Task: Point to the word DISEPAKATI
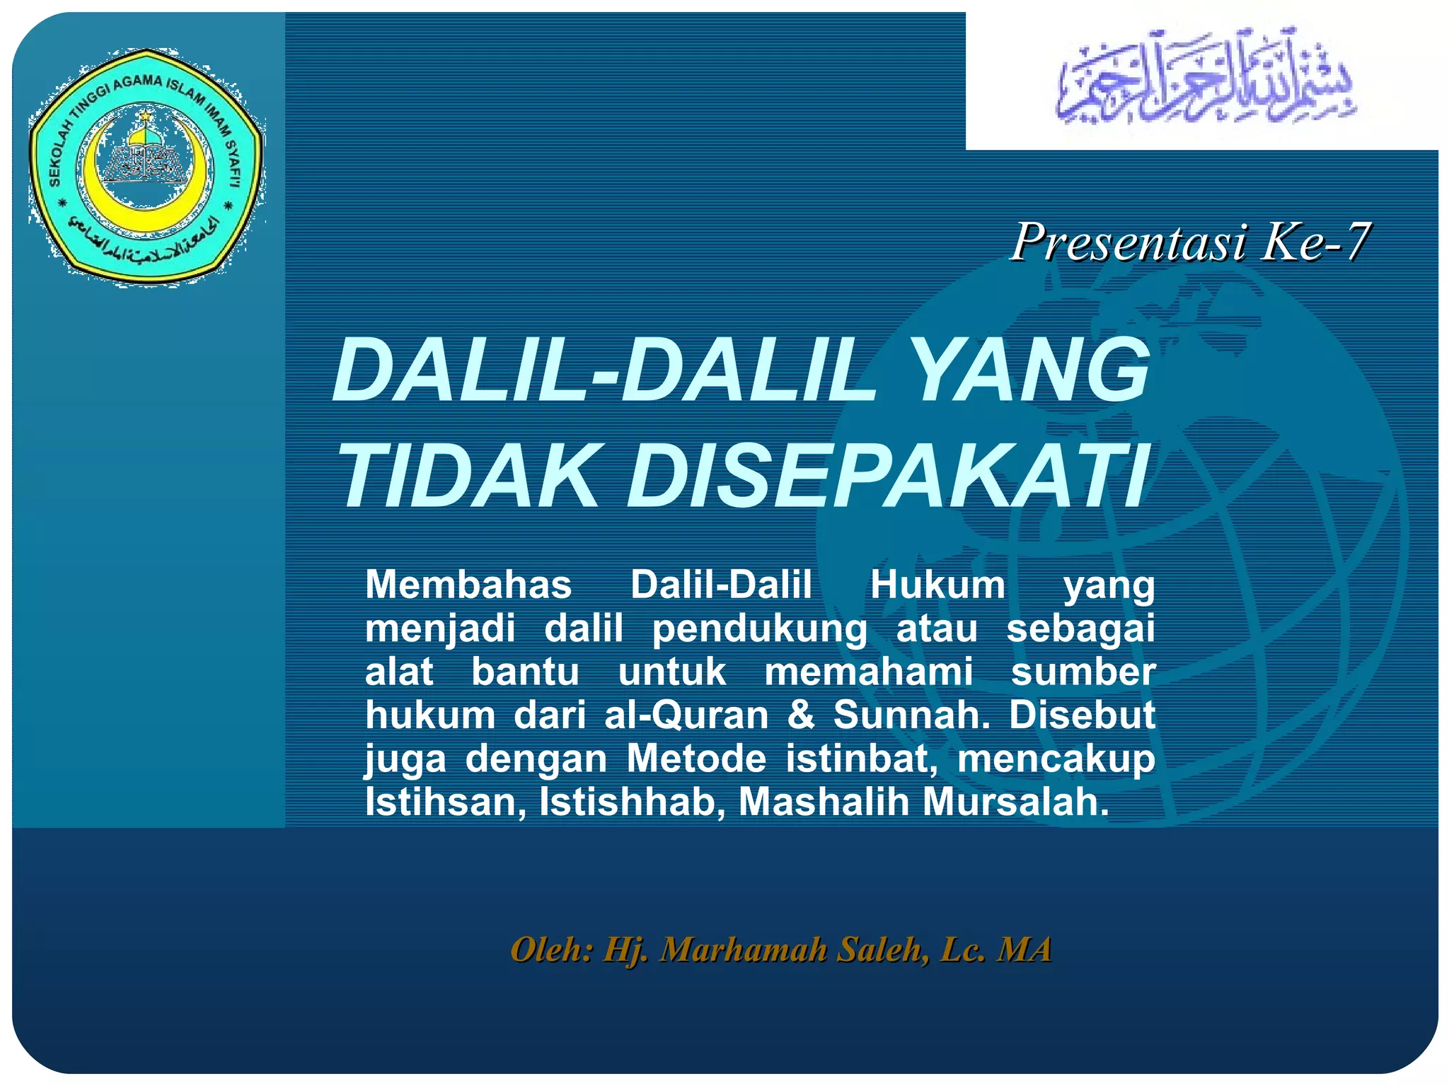[x=887, y=476]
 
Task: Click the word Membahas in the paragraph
[x=468, y=585]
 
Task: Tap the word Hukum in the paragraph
[x=937, y=585]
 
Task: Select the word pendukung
[x=758, y=629]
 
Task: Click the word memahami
[x=868, y=672]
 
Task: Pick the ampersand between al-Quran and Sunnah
[x=800, y=715]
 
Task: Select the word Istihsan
[x=445, y=802]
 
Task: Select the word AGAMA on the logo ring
[x=137, y=82]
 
